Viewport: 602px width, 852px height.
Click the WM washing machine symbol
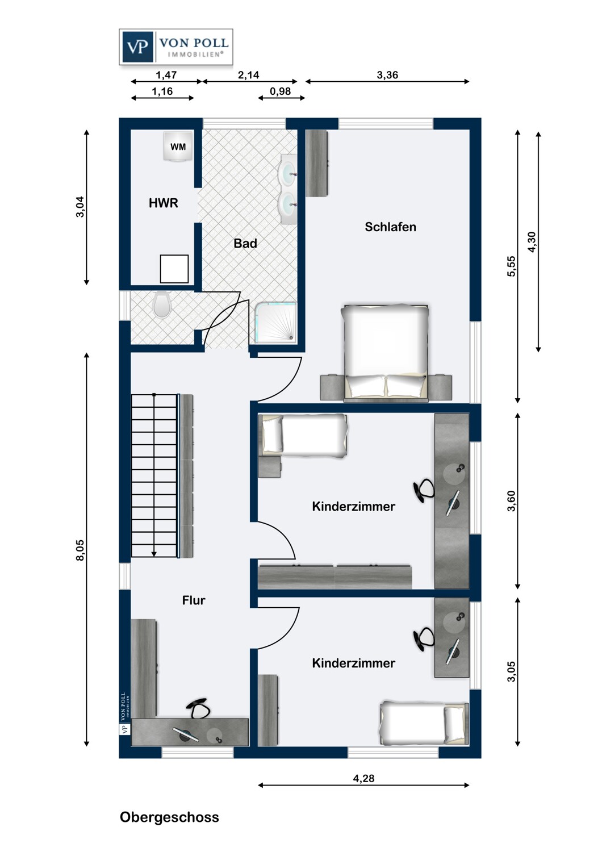(178, 147)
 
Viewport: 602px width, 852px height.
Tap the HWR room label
(163, 203)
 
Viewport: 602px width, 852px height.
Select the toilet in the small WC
(162, 304)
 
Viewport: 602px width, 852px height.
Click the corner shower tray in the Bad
(275, 323)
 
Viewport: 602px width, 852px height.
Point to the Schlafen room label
(390, 227)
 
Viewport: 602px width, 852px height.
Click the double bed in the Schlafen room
(386, 352)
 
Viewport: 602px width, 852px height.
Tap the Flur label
(194, 600)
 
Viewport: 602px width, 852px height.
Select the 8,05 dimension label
(81, 550)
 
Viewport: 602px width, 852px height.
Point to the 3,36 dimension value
(387, 75)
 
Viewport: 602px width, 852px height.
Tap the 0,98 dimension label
(281, 91)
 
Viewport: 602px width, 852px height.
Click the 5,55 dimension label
(512, 266)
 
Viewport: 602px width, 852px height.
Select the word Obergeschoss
(169, 817)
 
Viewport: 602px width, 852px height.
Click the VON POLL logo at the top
(175, 47)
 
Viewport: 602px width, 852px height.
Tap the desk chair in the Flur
(199, 709)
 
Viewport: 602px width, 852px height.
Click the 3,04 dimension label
(81, 207)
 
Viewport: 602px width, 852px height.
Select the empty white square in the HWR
(174, 269)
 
